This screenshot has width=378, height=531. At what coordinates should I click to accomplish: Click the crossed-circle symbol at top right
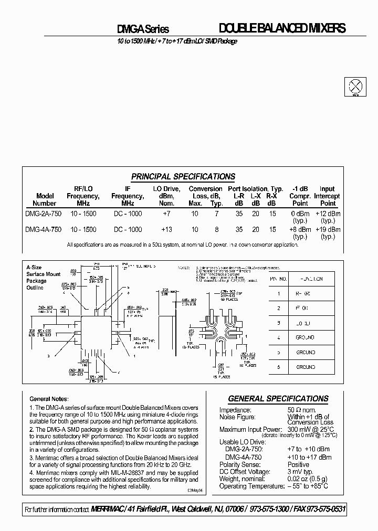[355, 86]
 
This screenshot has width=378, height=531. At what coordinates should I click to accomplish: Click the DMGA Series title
[142, 30]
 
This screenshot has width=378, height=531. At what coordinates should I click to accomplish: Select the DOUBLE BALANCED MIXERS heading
[281, 29]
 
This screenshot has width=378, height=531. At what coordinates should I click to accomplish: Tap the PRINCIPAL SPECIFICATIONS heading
[183, 177]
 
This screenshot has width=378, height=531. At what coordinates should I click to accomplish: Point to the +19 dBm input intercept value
[328, 229]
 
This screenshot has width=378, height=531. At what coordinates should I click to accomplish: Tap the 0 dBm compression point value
[300, 214]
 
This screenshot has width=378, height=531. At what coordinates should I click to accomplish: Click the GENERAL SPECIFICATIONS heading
[278, 398]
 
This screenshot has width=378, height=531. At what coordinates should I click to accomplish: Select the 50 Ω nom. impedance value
[302, 409]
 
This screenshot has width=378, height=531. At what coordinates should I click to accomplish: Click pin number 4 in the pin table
[278, 337]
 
